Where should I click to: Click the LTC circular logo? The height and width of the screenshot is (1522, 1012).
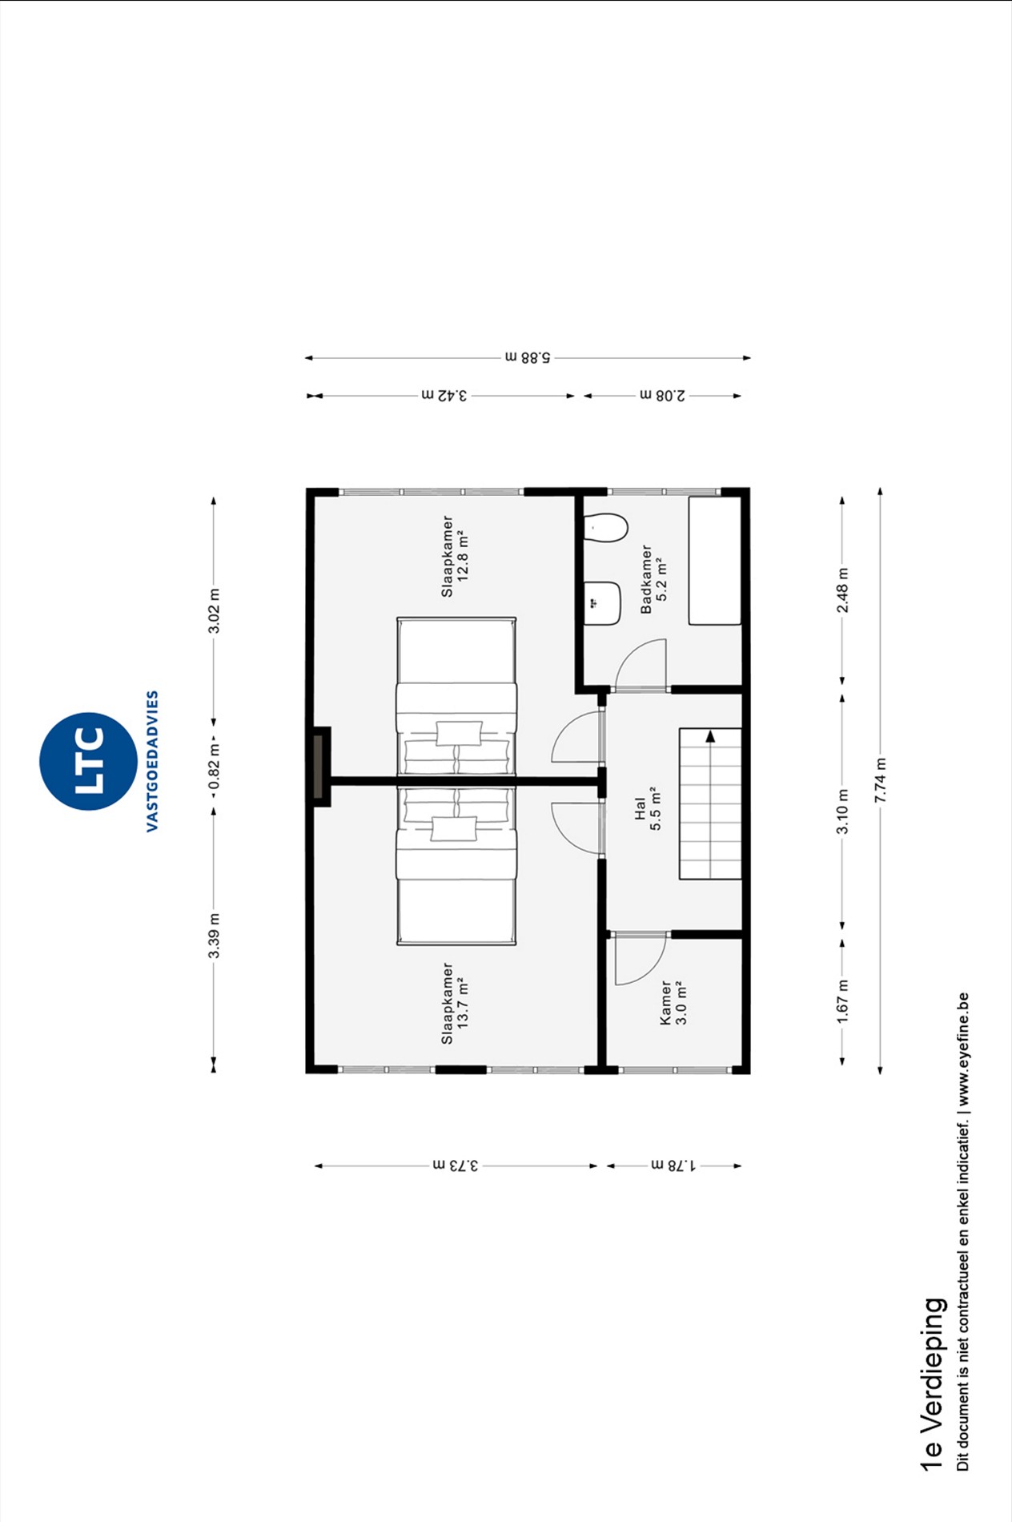[88, 761]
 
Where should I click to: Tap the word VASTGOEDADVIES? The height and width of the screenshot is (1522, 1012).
[153, 761]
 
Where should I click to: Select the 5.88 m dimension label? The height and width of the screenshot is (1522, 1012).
[528, 357]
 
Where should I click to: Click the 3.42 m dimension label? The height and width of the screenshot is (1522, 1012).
[444, 395]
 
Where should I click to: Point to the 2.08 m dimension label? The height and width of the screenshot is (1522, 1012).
[663, 395]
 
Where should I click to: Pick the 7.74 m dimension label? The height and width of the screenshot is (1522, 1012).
[881, 780]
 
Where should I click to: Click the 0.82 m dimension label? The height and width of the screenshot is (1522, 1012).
[214, 766]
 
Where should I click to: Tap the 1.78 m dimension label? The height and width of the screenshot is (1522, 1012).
[673, 1166]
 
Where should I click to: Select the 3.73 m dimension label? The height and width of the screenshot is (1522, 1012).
[456, 1166]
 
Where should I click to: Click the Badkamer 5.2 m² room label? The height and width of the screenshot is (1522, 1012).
[653, 579]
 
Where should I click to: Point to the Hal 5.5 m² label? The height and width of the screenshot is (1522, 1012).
[648, 809]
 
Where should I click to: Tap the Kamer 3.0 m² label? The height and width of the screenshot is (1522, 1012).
[673, 1002]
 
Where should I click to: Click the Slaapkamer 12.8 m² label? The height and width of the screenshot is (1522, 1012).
[455, 556]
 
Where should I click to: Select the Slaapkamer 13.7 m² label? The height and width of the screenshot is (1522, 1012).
[455, 1003]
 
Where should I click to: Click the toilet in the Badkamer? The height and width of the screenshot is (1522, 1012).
[605, 528]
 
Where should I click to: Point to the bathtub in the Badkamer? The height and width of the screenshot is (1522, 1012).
[716, 561]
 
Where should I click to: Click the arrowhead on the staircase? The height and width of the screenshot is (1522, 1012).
[710, 736]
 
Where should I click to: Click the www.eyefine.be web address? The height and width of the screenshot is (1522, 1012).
[963, 1050]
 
